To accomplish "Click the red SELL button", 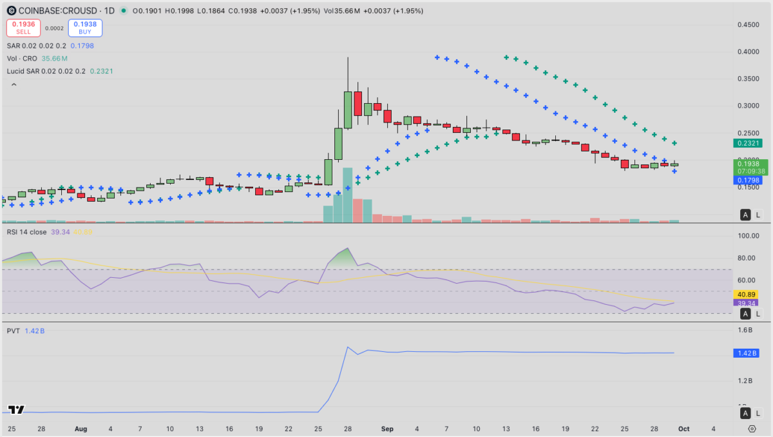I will click(23, 28).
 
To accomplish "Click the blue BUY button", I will click(85, 28).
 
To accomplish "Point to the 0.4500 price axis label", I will click(747, 25).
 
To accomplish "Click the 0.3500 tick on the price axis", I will click(747, 79).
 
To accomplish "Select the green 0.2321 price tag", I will click(747, 144).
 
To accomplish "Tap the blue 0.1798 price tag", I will click(747, 180).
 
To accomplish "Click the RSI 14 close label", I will click(27, 232).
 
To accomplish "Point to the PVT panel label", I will click(13, 331).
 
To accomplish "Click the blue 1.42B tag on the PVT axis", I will click(746, 353).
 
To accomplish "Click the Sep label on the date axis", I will click(387, 428).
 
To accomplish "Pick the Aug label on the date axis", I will click(81, 428).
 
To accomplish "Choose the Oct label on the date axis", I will click(684, 428).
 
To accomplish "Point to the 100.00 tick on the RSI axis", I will click(747, 236).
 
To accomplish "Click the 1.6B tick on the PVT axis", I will click(745, 331).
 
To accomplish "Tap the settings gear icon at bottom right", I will click(752, 428).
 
